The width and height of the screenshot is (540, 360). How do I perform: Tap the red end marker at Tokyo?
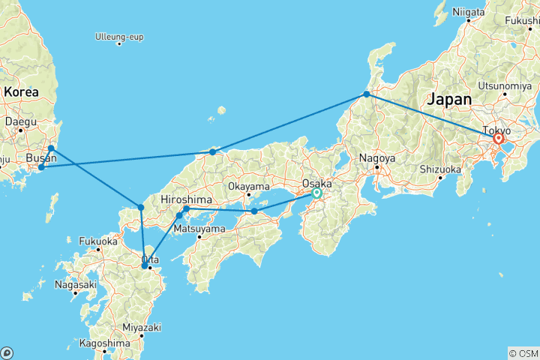pyautogui.click(x=498, y=139)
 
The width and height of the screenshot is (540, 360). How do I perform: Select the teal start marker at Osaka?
pyautogui.click(x=316, y=193)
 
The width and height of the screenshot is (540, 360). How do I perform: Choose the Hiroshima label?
pyautogui.click(x=185, y=199)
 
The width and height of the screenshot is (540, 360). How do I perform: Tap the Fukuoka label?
pyautogui.click(x=98, y=241)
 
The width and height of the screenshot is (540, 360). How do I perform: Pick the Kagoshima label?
pyautogui.click(x=99, y=343)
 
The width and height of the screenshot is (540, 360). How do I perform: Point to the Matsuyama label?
pyautogui.click(x=199, y=228)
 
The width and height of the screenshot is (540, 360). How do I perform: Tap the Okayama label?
pyautogui.click(x=248, y=186)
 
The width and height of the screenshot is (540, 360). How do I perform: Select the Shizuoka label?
pyautogui.click(x=439, y=169)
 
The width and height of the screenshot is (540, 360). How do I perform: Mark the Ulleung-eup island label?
pyautogui.click(x=119, y=36)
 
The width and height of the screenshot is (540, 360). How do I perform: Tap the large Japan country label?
pyautogui.click(x=450, y=99)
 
